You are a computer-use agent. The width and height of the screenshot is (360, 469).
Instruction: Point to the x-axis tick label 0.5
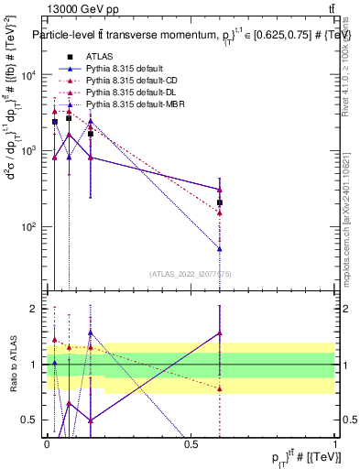(191, 444)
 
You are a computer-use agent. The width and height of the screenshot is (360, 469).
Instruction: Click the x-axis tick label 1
(336, 444)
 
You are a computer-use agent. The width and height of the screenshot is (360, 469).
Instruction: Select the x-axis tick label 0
(47, 444)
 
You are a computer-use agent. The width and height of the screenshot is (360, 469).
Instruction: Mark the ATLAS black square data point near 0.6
(220, 202)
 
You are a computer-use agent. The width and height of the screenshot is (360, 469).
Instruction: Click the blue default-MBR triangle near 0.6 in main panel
(220, 248)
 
